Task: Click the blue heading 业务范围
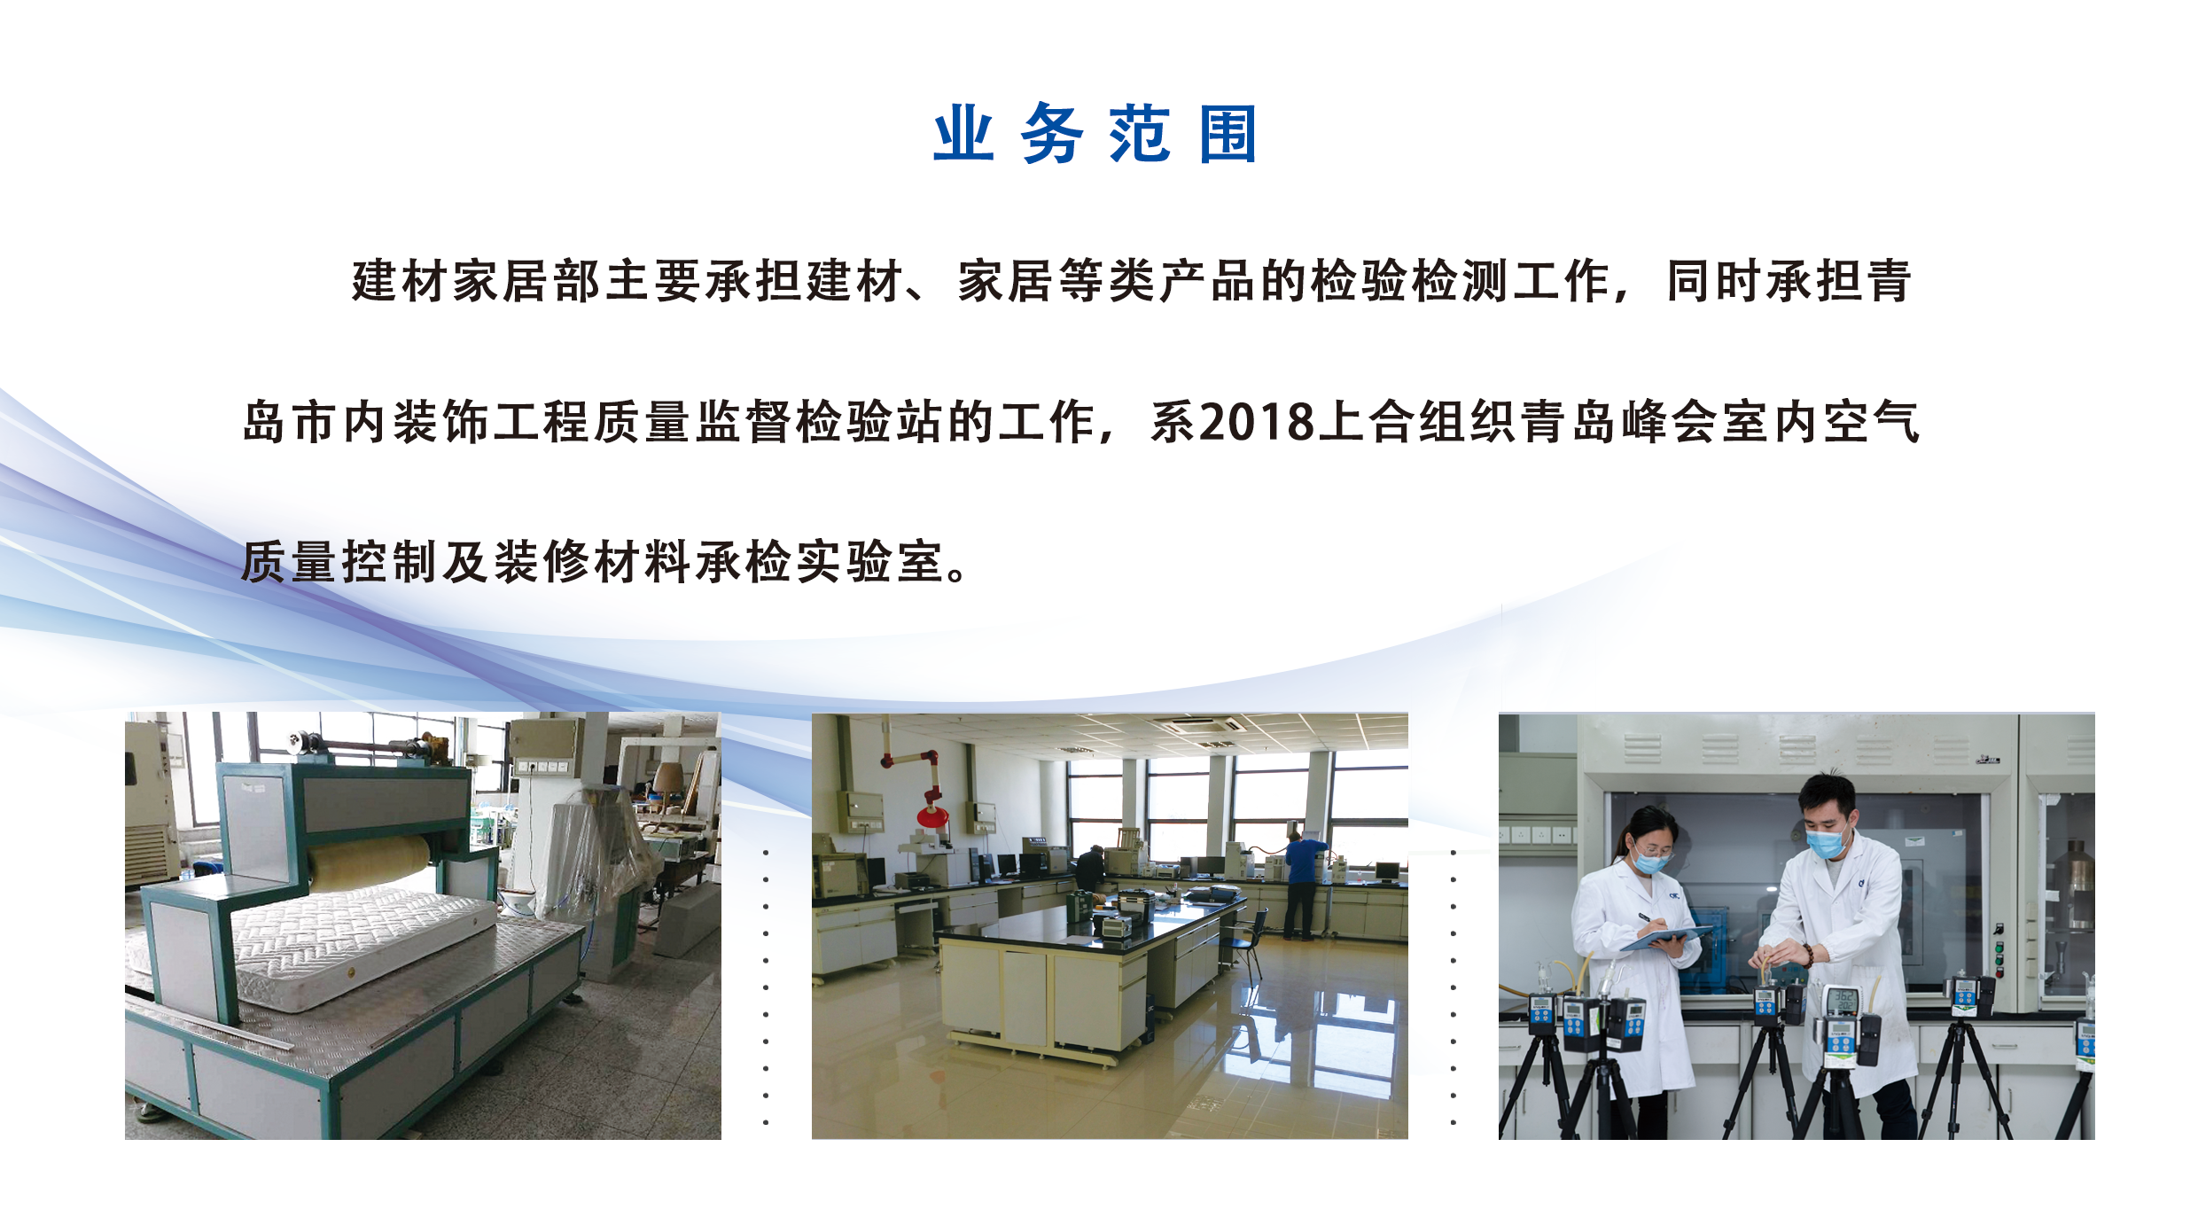click(1095, 134)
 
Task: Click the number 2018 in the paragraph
click(1258, 422)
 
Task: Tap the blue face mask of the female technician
click(1649, 860)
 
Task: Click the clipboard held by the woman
click(1666, 937)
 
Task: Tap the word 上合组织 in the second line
click(1418, 422)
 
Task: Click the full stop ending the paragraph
click(957, 573)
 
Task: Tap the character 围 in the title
click(1228, 134)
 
